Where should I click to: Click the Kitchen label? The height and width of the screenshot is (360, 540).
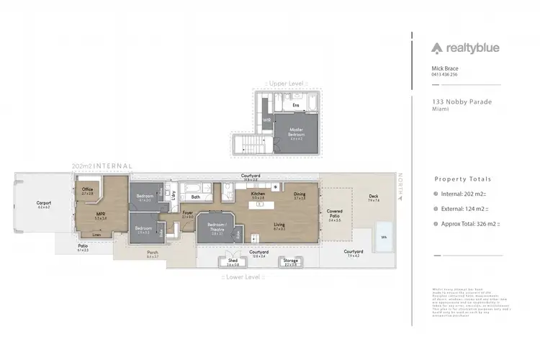(x=258, y=194)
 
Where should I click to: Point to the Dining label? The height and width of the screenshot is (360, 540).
(x=300, y=194)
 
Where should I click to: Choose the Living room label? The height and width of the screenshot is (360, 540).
(x=279, y=226)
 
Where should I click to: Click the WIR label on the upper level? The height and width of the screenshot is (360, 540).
(x=266, y=120)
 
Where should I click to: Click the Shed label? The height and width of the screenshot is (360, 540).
(x=233, y=261)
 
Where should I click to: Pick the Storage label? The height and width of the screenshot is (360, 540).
(x=290, y=261)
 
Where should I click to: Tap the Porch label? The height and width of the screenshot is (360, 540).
(x=153, y=253)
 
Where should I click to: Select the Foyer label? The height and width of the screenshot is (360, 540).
(x=187, y=213)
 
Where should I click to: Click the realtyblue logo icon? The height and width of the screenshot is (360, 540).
(x=437, y=49)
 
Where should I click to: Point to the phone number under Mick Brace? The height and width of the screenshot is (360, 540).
(x=444, y=75)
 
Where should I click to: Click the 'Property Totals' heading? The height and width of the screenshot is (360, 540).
(x=463, y=179)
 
